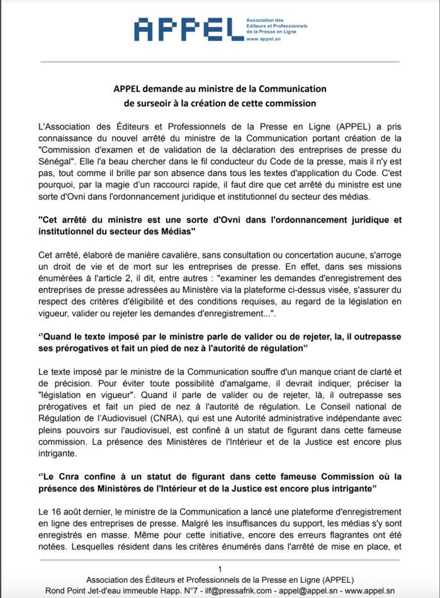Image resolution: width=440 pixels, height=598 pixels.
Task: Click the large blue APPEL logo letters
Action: click(x=186, y=30)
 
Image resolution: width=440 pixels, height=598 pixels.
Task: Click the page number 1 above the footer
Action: click(x=220, y=569)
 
